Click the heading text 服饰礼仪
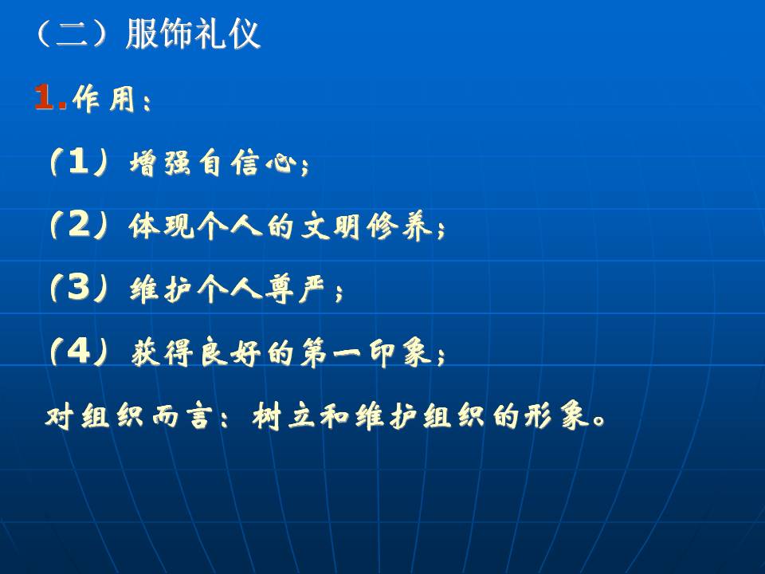[x=193, y=34]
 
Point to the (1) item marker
[x=79, y=162]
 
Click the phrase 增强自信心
[x=214, y=163]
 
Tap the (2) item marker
[x=79, y=225]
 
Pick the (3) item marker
[x=79, y=288]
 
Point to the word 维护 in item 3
[x=162, y=289]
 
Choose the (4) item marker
[x=79, y=351]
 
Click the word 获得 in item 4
[x=162, y=352]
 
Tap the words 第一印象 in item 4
[x=367, y=352]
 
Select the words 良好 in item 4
[x=231, y=352]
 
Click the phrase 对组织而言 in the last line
[x=130, y=416]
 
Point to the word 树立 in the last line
[x=283, y=416]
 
